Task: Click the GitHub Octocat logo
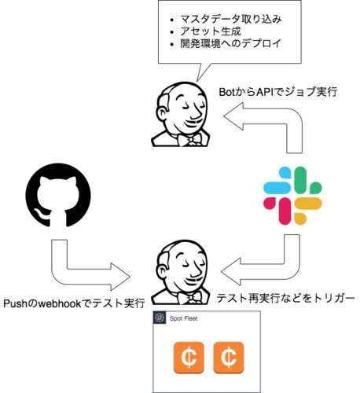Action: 58,195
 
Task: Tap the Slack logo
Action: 292,196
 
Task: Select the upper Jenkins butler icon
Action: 181,115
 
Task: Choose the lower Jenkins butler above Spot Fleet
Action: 181,273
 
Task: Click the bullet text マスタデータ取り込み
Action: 231,19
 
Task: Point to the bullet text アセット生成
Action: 211,31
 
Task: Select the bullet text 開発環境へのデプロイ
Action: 230,43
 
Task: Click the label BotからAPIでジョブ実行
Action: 277,92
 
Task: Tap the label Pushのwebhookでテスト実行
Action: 74,303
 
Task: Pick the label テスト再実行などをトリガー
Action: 285,298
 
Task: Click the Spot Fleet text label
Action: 183,318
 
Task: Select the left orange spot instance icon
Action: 189,358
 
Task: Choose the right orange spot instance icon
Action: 229,358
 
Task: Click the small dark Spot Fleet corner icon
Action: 160,318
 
